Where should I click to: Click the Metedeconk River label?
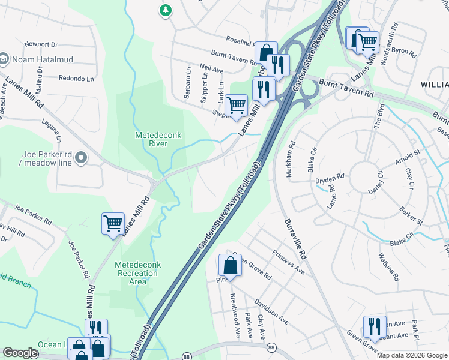coord(151,140)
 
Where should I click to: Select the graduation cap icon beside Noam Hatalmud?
coord(3,58)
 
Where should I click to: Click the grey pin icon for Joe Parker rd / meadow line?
coord(82,158)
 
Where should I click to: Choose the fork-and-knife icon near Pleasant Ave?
coord(375,326)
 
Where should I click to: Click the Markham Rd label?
coord(292,154)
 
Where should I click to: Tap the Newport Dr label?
coord(41,44)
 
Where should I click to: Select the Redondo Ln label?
coord(77,78)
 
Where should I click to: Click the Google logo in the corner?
coord(20,353)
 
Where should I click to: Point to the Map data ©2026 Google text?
coord(412,355)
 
